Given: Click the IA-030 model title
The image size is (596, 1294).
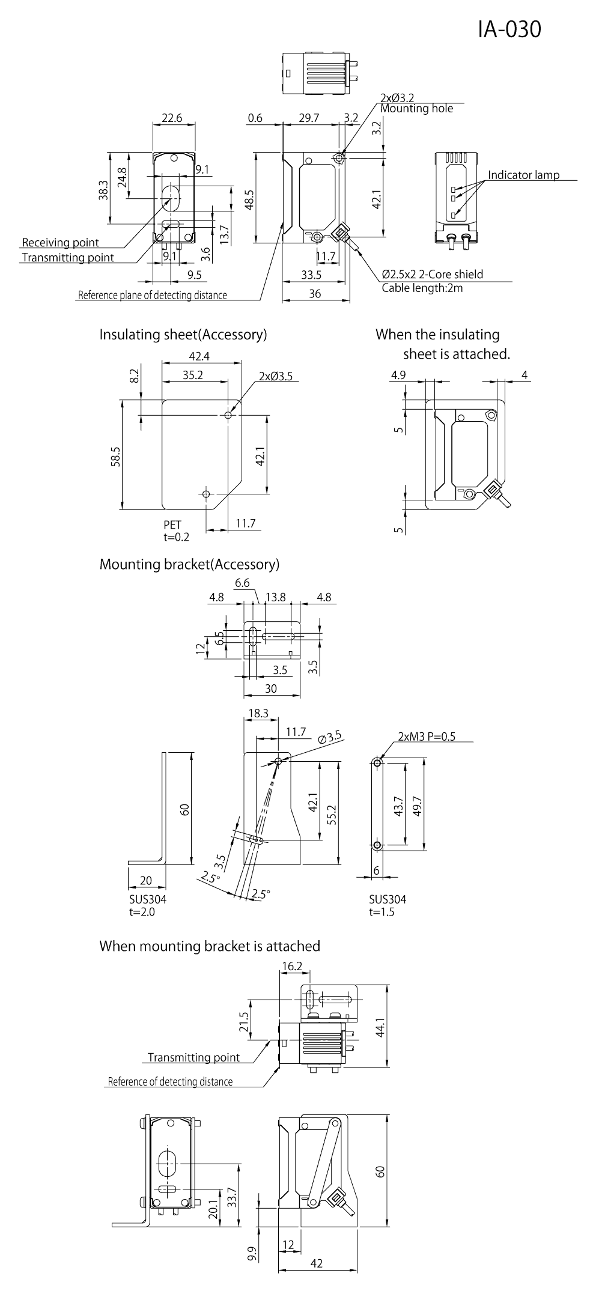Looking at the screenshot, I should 509,29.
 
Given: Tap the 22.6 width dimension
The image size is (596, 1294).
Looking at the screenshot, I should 172,118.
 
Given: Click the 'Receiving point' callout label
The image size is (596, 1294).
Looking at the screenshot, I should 60,243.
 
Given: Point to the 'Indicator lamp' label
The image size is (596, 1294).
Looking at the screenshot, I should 523,175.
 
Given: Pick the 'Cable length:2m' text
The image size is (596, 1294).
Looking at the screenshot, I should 422,288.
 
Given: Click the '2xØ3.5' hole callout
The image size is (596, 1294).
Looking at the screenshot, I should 276,377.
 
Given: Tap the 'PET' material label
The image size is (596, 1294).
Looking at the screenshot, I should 172,525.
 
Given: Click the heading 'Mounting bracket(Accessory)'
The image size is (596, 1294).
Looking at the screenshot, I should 189,564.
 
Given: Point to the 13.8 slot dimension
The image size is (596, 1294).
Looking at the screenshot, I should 275,597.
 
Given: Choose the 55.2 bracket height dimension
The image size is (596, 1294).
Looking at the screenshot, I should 331,812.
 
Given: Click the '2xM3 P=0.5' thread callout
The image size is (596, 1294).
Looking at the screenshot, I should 427,737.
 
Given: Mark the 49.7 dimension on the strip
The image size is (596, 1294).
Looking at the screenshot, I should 418,804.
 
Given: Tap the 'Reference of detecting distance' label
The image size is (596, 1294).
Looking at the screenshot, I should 170,1081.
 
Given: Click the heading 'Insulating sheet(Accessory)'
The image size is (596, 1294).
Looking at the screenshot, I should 183,334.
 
